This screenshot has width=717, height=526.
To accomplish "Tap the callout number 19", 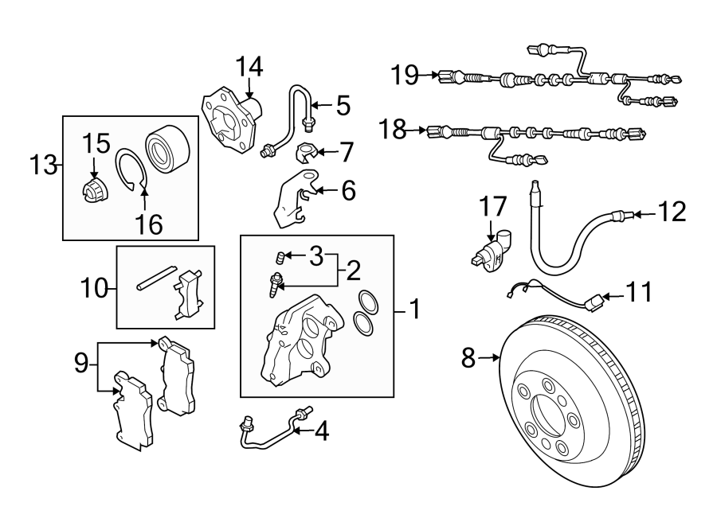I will [x=405, y=76].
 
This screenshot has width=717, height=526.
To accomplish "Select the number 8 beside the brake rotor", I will [x=469, y=359].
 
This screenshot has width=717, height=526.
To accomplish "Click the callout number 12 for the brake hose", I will [x=672, y=212].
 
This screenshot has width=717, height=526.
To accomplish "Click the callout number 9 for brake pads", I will [x=80, y=363].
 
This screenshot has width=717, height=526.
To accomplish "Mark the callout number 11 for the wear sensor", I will [x=637, y=293].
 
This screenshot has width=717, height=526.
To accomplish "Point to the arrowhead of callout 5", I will [x=314, y=104].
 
